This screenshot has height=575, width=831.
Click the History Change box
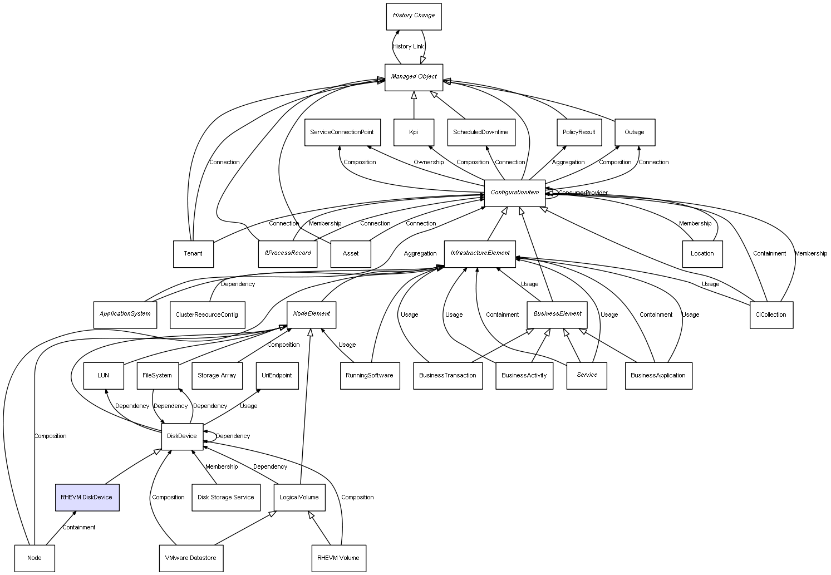[414, 16]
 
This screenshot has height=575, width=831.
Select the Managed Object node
[414, 77]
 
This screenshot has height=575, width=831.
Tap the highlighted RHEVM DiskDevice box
[87, 498]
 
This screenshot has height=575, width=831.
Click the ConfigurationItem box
[515, 193]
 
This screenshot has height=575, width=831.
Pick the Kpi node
[414, 132]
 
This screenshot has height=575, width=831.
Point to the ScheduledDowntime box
[481, 132]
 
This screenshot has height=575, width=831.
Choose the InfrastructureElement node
[480, 253]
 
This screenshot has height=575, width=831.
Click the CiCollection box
[771, 315]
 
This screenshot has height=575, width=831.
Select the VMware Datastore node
[190, 558]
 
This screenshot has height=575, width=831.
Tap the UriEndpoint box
[277, 375]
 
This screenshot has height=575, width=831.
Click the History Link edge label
[408, 47]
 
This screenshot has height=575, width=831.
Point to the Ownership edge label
[429, 163]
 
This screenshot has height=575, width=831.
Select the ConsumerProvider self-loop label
[583, 193]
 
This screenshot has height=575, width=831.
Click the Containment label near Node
[78, 528]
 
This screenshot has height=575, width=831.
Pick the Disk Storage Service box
[225, 498]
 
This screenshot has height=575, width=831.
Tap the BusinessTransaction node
[448, 376]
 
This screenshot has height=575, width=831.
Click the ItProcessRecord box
[288, 253]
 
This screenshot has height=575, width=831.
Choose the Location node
[702, 254]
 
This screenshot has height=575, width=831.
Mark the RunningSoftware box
[370, 376]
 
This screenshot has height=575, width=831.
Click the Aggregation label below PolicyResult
[568, 163]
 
